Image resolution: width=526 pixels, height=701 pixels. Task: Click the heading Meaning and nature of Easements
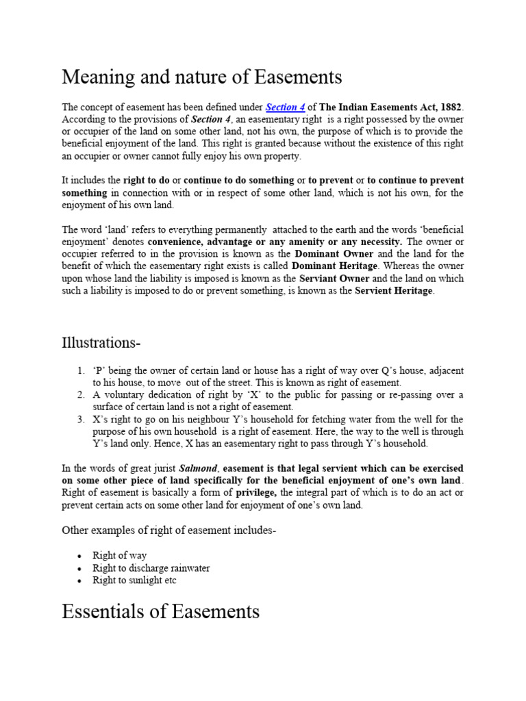(x=202, y=77)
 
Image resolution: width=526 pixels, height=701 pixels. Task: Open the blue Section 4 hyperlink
(x=285, y=107)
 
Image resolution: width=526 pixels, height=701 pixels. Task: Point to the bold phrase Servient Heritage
(x=394, y=292)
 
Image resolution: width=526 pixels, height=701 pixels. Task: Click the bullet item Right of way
(x=119, y=556)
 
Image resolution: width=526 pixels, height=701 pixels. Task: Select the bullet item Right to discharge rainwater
(x=151, y=568)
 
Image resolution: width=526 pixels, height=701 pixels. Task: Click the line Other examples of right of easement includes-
(x=168, y=531)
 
